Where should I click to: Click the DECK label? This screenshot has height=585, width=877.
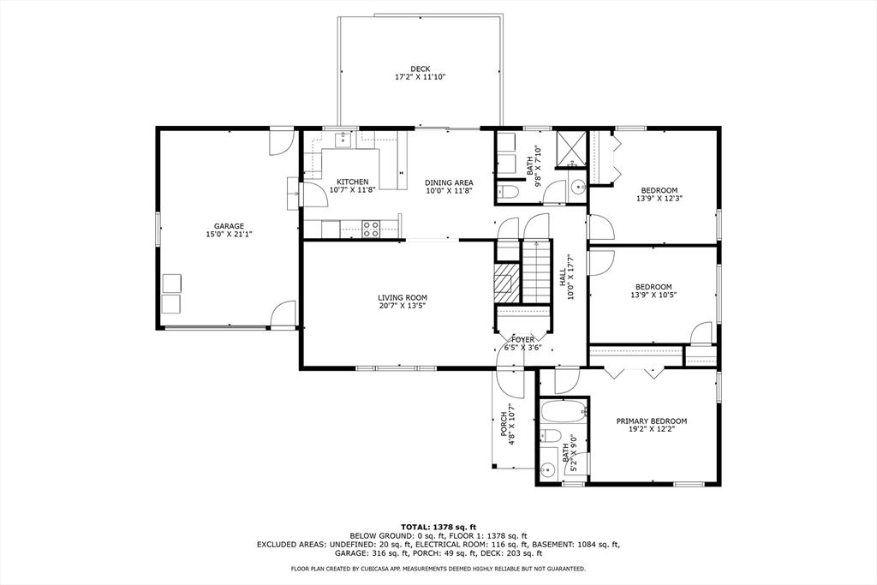[420, 69]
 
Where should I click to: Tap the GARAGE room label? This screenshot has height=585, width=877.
[229, 226]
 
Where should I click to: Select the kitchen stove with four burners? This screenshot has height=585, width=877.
[372, 228]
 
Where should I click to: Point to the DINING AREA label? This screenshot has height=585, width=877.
[449, 182]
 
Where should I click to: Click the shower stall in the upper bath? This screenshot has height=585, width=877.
[570, 146]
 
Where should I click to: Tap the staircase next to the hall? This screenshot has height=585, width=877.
[536, 271]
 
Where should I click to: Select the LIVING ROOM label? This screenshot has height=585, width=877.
[403, 298]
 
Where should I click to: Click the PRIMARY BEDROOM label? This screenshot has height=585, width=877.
[652, 421]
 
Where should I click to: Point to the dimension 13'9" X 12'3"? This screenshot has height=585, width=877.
[659, 199]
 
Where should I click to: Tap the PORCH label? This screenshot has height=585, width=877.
[504, 425]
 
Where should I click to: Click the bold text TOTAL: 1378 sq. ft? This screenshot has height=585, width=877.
[438, 526]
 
